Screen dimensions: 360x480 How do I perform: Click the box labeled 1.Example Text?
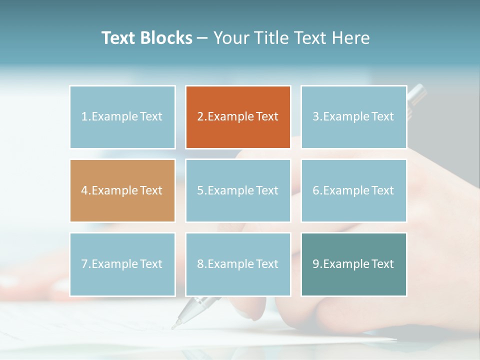tap(122, 117)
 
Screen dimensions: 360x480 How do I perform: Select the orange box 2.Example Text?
tap(238, 117)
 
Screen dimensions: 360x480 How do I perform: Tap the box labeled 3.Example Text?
tap(353, 117)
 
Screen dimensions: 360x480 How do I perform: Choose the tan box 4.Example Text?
tap(122, 190)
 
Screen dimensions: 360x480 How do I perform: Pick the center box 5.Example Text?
tap(238, 190)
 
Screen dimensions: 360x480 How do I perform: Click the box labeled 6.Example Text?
tap(353, 190)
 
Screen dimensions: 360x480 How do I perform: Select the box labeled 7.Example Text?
tap(122, 264)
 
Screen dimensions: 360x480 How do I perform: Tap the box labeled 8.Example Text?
tap(238, 264)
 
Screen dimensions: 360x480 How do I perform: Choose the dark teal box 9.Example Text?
tap(353, 264)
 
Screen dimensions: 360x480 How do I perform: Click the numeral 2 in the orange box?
tap(200, 117)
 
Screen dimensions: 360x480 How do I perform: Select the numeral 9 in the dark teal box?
tap(315, 264)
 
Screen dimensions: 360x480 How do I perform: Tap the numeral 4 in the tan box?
tap(84, 190)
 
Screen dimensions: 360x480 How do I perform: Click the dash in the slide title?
tap(202, 38)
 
